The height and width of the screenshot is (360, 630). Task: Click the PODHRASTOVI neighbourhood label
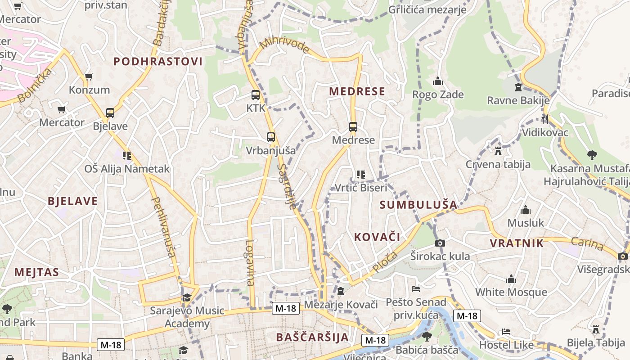coord(158,62)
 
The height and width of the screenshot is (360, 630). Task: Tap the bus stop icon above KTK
coord(256,95)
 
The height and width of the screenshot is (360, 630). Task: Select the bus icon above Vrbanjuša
coord(270,137)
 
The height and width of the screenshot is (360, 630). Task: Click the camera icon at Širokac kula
coord(440,243)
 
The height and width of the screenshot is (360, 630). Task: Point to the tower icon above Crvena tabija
coord(498,151)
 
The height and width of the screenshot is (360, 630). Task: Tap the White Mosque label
coord(511,292)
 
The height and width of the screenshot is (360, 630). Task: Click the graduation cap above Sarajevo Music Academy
coord(187,297)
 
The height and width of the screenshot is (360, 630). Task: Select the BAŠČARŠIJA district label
coord(312,337)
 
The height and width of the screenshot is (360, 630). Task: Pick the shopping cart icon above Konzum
coord(89,77)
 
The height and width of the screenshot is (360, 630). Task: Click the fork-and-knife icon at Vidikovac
coord(544,119)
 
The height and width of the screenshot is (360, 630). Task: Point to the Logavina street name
coord(250,263)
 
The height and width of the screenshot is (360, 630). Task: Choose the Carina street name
coord(587,243)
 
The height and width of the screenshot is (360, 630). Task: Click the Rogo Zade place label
coord(438,94)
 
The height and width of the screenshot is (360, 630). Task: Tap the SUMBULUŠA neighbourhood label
coord(418,205)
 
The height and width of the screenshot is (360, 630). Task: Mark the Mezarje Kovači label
coord(341,305)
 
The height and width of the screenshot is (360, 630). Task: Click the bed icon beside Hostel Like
coord(506,332)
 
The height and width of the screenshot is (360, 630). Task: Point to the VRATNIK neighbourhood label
coord(517,243)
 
